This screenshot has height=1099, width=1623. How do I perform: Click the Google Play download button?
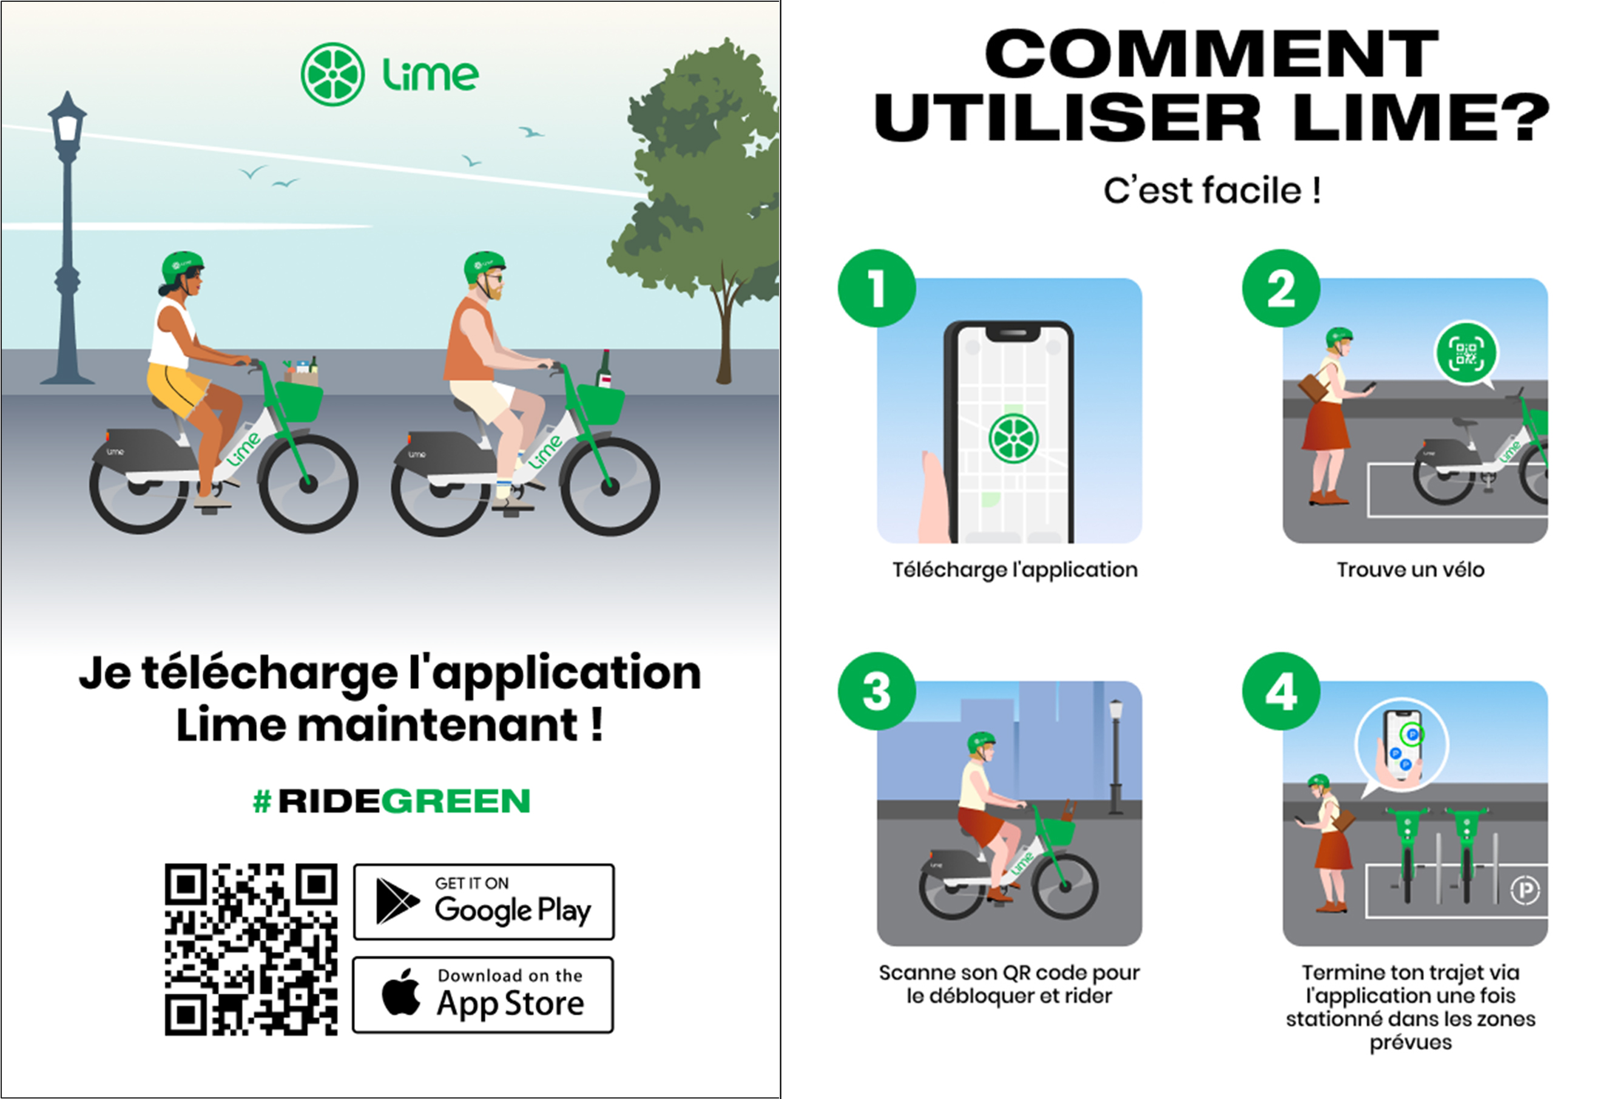[484, 901]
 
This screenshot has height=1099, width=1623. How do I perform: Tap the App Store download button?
[484, 994]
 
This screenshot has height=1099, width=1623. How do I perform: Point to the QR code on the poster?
[251, 949]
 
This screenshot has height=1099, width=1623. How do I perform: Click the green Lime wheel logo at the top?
[332, 74]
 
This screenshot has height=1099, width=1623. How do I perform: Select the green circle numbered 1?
[877, 288]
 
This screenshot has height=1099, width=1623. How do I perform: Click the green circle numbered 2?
[1281, 288]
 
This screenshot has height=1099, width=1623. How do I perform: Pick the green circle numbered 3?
[877, 692]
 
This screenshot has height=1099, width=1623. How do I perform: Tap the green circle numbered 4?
[1281, 692]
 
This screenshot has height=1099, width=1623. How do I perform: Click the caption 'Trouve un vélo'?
[1410, 569]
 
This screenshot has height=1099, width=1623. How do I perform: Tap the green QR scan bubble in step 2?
[1466, 354]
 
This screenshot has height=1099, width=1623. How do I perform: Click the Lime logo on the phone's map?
[1013, 438]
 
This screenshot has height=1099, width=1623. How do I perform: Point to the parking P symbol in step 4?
[1525, 890]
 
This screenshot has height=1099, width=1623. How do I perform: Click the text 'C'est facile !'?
[1212, 190]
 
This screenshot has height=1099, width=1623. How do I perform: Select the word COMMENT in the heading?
[1212, 54]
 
